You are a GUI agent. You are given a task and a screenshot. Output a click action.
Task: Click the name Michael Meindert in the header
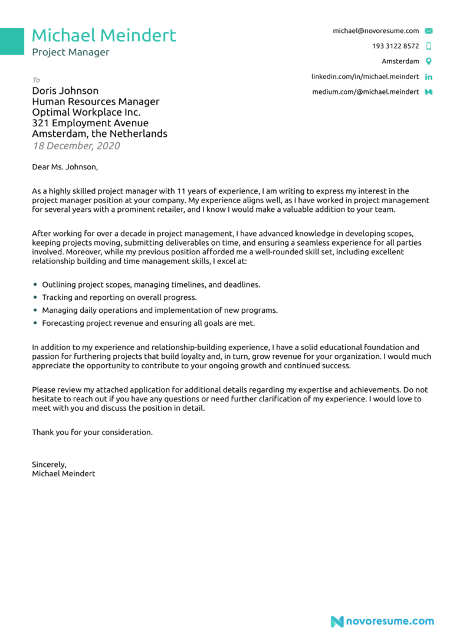coord(104,35)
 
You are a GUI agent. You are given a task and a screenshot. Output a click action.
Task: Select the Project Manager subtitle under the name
coord(71,53)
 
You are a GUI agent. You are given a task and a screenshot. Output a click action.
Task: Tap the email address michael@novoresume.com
coord(376,31)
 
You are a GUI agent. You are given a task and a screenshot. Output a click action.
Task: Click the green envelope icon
coord(429,31)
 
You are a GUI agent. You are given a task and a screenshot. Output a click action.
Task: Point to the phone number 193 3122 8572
coord(395,46)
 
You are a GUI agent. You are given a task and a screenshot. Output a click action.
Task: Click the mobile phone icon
coord(429,46)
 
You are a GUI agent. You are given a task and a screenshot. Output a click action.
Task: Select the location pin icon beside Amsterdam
coord(429,61)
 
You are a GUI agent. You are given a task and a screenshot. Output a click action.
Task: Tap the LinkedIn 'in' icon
coord(429,77)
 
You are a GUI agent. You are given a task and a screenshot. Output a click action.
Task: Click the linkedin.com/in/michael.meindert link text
coord(365,77)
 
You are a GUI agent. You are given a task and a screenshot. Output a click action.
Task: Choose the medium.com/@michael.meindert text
coord(366,92)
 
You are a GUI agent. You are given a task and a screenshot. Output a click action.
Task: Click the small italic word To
coord(36,80)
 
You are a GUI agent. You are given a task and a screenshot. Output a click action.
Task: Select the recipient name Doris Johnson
coord(65,91)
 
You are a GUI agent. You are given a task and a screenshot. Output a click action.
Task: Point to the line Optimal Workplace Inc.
coord(86,112)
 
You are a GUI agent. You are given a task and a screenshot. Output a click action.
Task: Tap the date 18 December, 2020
coord(76,145)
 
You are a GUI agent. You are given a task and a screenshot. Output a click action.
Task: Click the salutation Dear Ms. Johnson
coord(65,167)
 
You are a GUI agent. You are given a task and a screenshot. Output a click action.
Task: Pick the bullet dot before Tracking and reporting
coord(35,297)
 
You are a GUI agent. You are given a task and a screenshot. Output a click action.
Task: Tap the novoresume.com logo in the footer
coord(382,622)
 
